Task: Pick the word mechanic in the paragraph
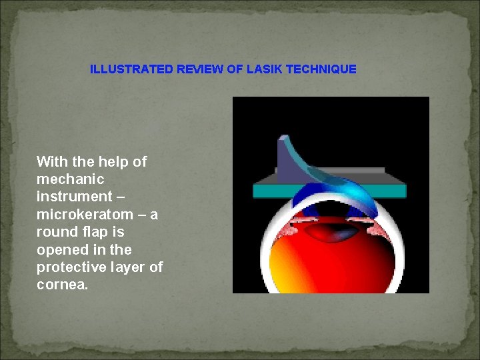click(x=70, y=179)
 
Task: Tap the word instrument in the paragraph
click(x=74, y=197)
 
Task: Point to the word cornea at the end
click(x=61, y=285)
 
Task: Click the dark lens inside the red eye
click(x=337, y=233)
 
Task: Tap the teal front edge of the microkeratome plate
click(x=329, y=191)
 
